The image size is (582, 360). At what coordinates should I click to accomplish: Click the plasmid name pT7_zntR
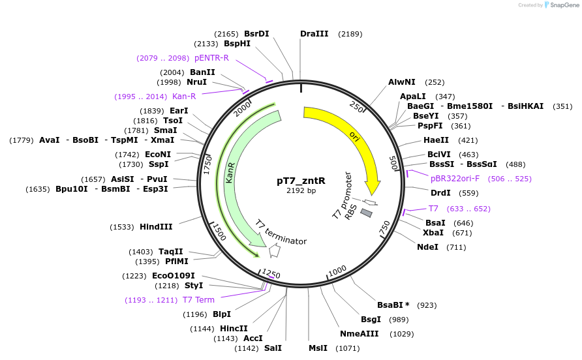coord(301,181)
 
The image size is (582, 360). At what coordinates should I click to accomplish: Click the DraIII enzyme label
coord(314,34)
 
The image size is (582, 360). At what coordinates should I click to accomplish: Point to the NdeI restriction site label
coord(428,247)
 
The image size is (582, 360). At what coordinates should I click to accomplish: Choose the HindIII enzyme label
coord(156,227)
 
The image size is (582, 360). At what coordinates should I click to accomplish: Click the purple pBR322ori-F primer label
coord(455,178)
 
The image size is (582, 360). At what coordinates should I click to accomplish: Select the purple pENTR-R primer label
coord(211,58)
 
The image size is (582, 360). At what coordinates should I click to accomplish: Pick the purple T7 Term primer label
coord(198,300)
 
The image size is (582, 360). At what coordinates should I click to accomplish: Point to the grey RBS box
coord(366,213)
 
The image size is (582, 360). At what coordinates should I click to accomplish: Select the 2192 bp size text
coord(301,190)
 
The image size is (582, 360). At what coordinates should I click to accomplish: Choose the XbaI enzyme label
coord(434,233)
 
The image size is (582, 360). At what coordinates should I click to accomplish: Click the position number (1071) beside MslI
coord(347,348)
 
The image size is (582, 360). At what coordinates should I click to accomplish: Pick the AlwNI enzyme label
coord(401,82)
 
